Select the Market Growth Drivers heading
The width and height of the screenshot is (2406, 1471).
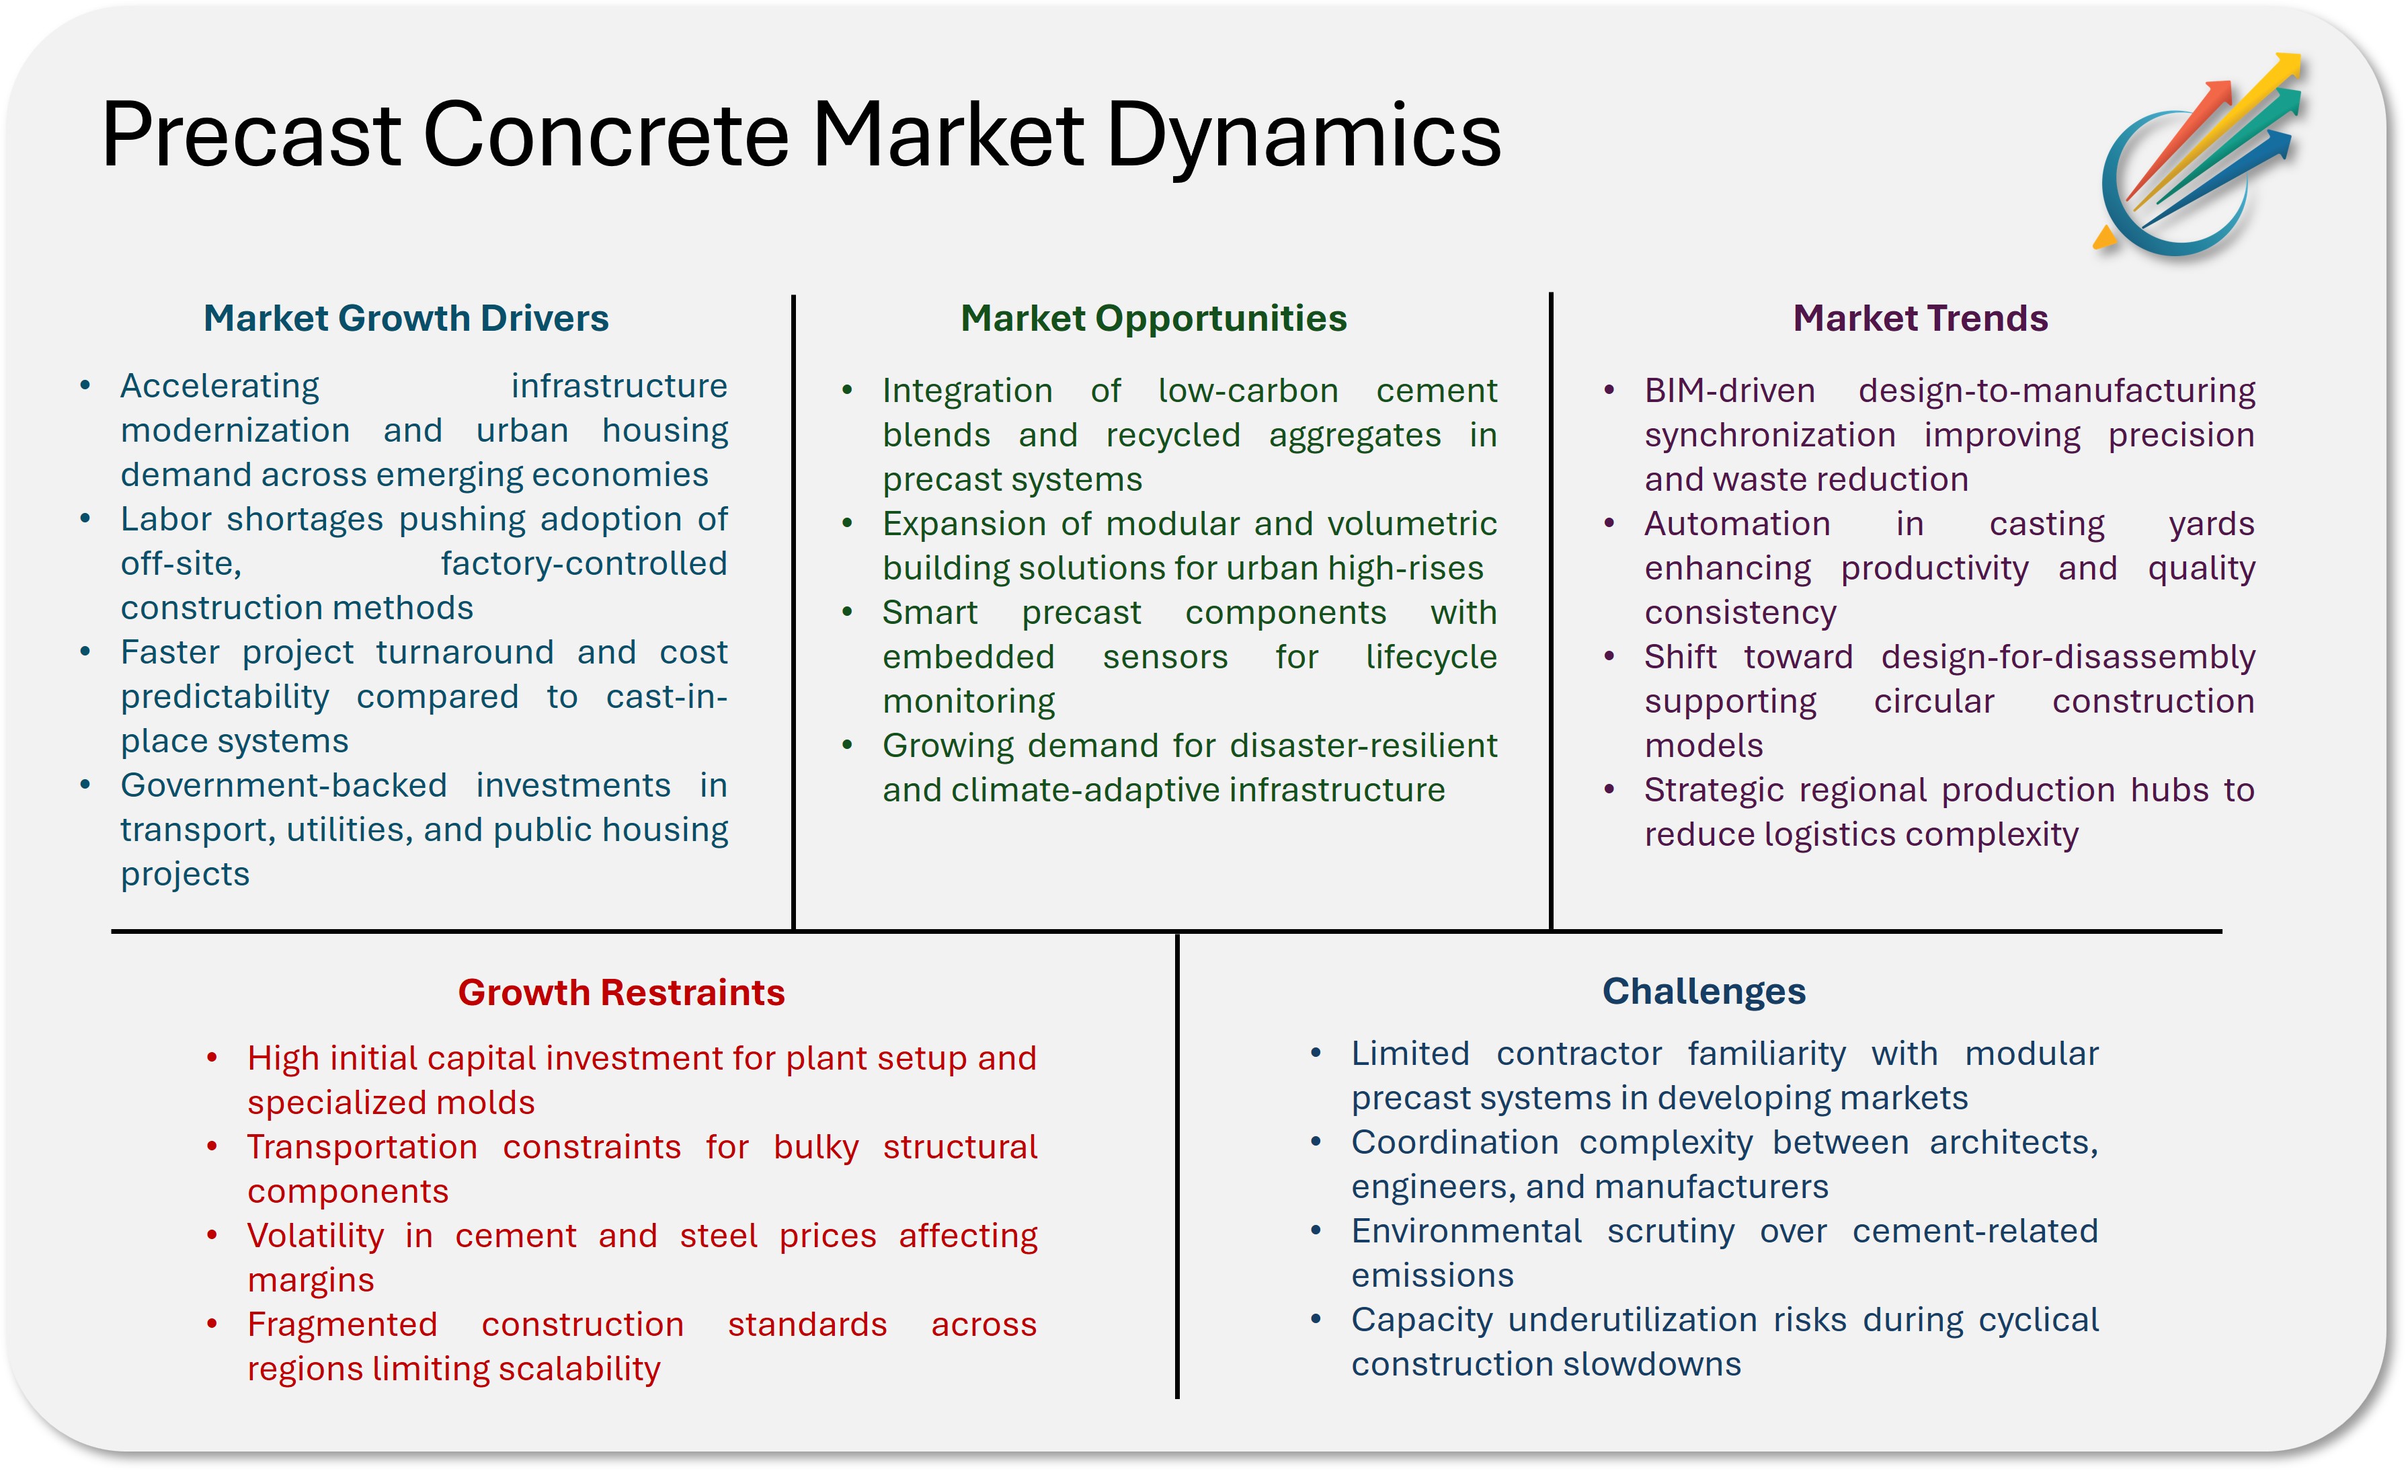tap(405, 319)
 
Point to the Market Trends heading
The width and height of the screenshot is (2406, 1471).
tap(1920, 319)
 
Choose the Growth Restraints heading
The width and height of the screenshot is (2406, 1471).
tap(621, 992)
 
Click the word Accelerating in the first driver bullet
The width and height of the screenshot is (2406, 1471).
tap(220, 387)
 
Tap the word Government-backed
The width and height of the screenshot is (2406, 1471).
tap(283, 785)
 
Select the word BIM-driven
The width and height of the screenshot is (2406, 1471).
tap(1729, 391)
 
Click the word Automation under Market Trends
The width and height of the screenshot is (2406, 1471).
tap(1736, 524)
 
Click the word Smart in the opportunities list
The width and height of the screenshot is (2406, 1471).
tap(930, 612)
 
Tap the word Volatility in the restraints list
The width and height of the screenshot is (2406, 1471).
tap(315, 1236)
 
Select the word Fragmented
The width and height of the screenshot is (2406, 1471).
tap(342, 1324)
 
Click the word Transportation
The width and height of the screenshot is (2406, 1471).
tap(362, 1147)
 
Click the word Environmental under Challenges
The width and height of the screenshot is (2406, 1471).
tap(1466, 1232)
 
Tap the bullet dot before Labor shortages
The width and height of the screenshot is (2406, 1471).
tap(86, 518)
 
